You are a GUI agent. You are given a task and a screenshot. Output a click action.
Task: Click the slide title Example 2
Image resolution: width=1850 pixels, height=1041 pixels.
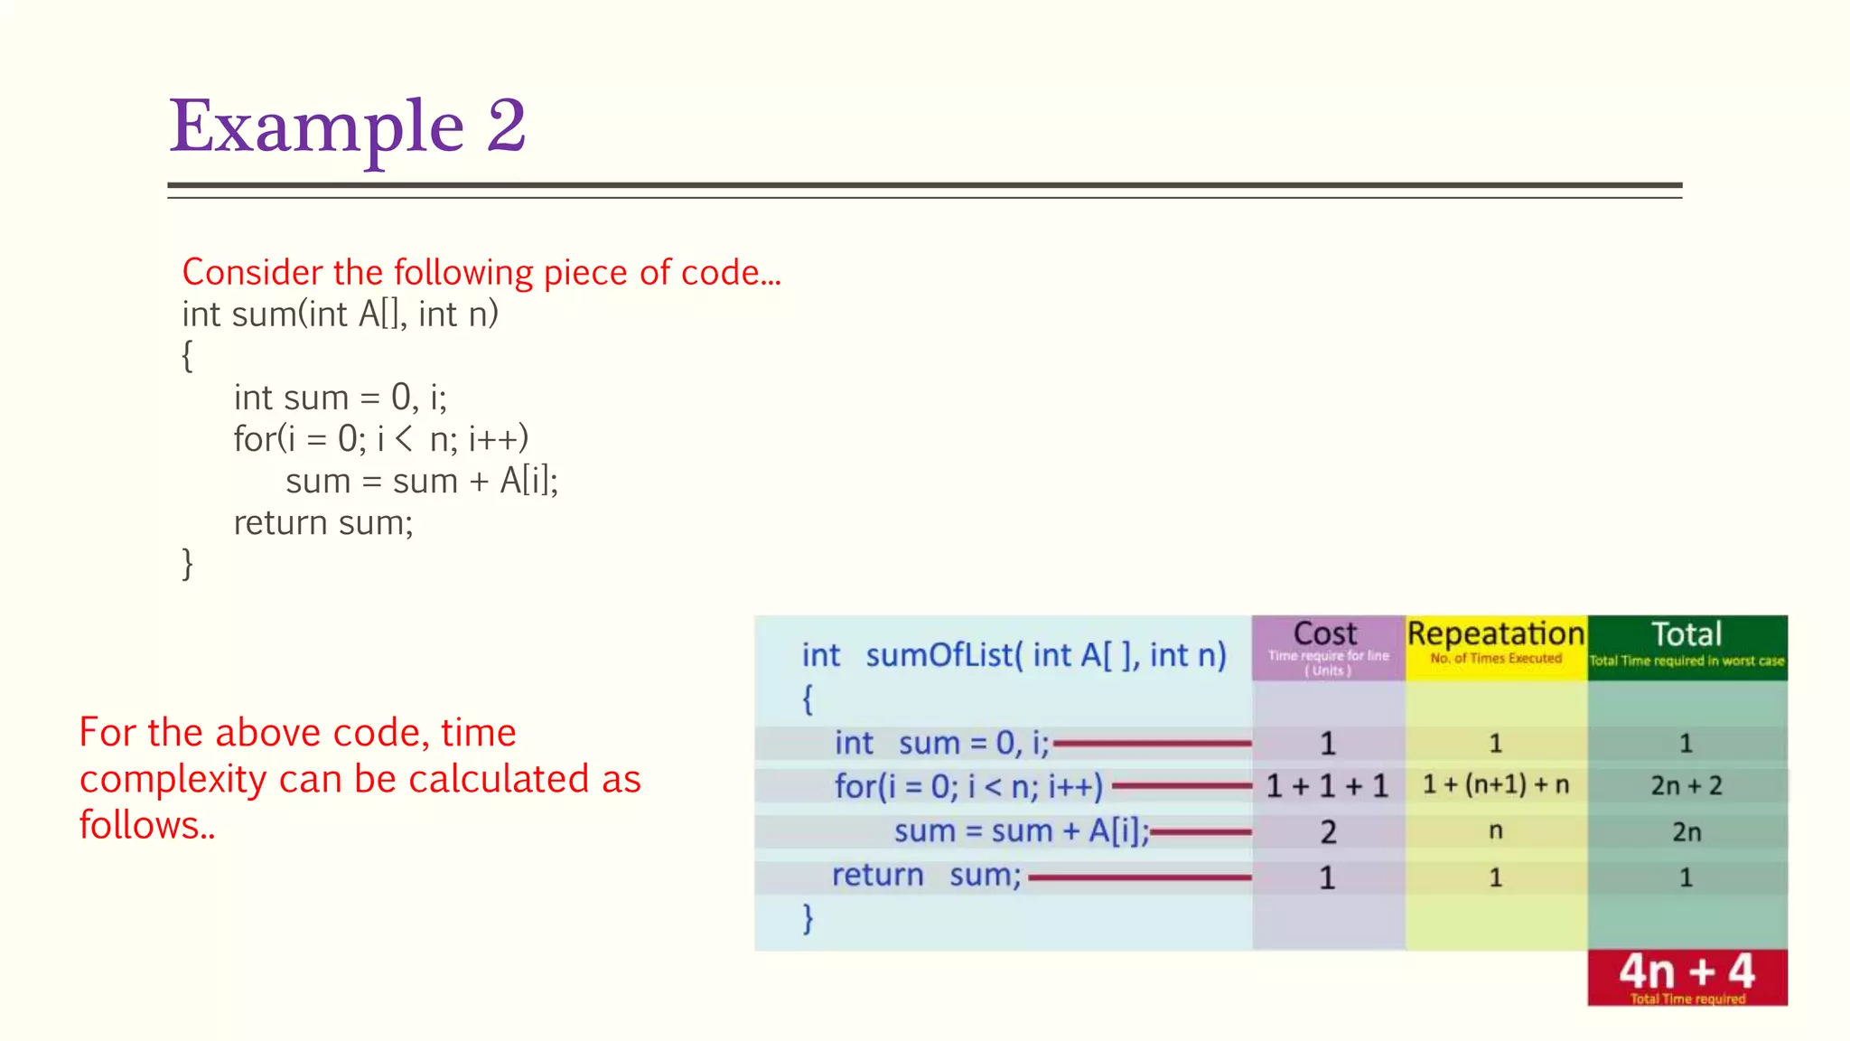348,127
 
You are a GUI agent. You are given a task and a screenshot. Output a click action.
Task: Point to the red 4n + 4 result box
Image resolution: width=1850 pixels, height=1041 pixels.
1686,977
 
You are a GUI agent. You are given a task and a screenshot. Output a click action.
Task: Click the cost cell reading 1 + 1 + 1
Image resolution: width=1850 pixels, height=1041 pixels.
1326,786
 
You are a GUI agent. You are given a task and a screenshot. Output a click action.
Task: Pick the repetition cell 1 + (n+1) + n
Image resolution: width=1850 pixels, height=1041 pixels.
1495,784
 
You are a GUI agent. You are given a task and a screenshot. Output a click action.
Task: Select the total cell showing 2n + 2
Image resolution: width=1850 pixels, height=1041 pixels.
1686,786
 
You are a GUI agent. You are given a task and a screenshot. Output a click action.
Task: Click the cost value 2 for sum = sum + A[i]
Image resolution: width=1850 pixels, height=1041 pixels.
1327,832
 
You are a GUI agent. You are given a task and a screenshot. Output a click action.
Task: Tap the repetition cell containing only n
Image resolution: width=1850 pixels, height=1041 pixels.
1495,830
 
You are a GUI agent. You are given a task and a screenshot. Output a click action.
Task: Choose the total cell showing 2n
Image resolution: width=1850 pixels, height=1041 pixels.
1686,832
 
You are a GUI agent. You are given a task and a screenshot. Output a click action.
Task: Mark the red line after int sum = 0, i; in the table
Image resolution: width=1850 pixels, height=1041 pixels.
1152,744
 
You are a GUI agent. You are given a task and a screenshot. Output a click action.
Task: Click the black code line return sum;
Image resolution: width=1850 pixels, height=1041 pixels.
322,523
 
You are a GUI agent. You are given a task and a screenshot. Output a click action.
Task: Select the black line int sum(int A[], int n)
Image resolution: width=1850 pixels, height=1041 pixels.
340,314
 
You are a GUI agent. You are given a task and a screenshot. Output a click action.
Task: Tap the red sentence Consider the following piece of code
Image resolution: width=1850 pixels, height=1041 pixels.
481,272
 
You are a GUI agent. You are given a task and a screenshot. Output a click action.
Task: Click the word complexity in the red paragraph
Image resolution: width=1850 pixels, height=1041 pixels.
172,780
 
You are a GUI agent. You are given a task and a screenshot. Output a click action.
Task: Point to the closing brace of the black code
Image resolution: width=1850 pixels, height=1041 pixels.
187,564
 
